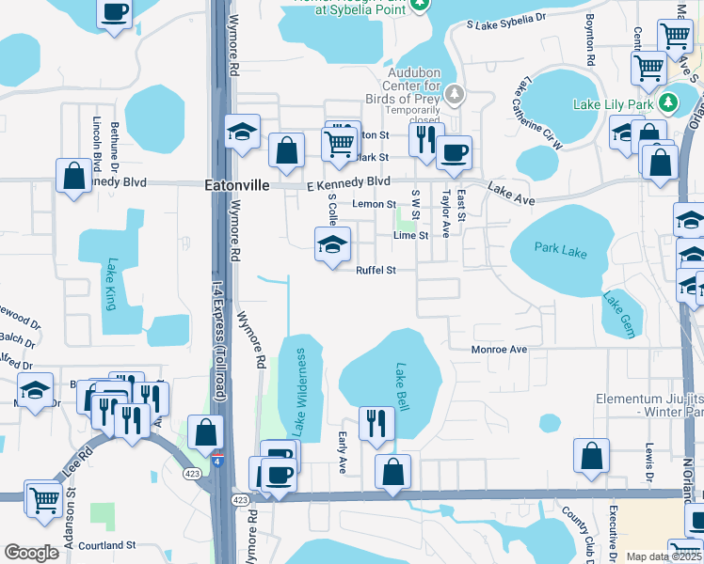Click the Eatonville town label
coord(236,186)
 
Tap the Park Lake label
coord(560,250)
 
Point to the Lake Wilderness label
coord(300,393)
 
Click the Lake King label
coord(110,284)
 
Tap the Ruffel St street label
coord(374,271)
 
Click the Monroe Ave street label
coord(499,349)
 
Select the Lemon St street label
coord(374,204)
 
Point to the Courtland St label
coord(107,545)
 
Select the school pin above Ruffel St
coord(331,246)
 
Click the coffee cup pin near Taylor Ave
coord(454,152)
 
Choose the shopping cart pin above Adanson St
coord(42,498)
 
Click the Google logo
coord(31,553)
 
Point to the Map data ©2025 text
coord(664,556)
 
